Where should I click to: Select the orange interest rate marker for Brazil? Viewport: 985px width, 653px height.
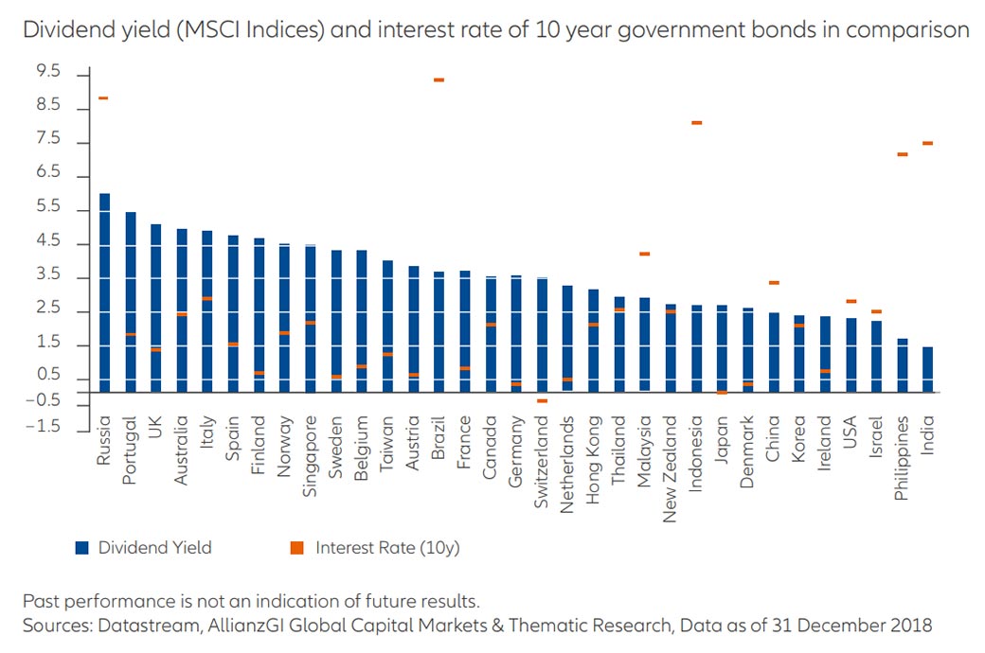(x=439, y=80)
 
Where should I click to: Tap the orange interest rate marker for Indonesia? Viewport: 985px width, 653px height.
(x=696, y=123)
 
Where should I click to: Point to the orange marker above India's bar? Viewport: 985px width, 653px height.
(x=927, y=143)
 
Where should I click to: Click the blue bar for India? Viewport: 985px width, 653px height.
(x=927, y=369)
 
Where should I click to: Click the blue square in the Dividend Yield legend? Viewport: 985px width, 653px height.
(x=83, y=547)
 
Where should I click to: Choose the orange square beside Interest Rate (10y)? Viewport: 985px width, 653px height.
(x=296, y=547)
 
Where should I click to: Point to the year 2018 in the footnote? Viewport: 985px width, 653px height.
(x=912, y=625)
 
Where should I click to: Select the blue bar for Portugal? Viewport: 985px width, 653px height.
(x=130, y=303)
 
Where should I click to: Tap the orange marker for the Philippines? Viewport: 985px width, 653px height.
(x=902, y=154)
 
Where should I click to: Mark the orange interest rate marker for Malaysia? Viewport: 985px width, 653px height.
(x=644, y=254)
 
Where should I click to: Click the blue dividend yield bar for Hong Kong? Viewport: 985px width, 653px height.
(x=593, y=341)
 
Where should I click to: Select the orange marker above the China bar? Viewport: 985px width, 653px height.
(x=773, y=283)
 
